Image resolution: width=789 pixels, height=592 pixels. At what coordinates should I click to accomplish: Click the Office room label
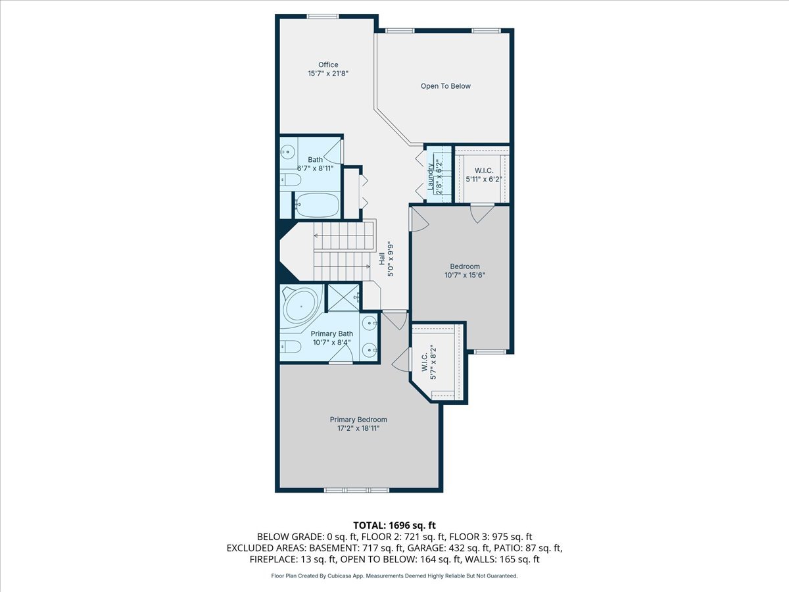pyautogui.click(x=328, y=64)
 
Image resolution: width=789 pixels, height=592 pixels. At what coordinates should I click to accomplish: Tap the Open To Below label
pyautogui.click(x=445, y=86)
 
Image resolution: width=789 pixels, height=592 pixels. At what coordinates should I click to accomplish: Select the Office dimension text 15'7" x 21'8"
pyautogui.click(x=328, y=74)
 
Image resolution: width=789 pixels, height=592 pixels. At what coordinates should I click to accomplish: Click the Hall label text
pyautogui.click(x=381, y=259)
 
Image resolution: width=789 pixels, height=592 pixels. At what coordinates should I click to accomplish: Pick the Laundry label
pyautogui.click(x=431, y=176)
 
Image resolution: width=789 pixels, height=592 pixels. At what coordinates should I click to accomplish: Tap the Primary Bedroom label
pyautogui.click(x=358, y=420)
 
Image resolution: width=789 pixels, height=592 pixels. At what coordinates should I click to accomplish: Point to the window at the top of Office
pyautogui.click(x=322, y=16)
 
